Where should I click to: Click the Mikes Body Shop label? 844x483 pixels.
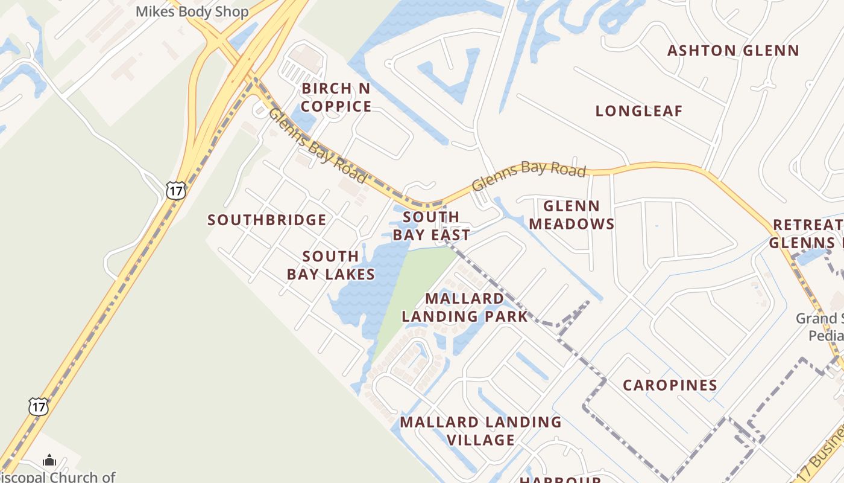(x=192, y=11)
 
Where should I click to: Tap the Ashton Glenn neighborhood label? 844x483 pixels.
(x=732, y=51)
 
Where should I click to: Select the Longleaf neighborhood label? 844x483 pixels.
(x=638, y=111)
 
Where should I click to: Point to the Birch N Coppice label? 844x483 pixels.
(x=336, y=97)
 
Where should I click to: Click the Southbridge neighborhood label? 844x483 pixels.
(x=266, y=220)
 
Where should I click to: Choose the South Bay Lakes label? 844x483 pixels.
(x=330, y=266)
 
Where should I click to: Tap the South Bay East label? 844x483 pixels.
(x=431, y=226)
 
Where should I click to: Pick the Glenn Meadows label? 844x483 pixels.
(x=571, y=215)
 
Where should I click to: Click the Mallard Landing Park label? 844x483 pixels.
(x=464, y=307)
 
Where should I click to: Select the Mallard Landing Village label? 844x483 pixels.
(x=480, y=430)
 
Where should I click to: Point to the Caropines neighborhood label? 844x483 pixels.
(x=670, y=385)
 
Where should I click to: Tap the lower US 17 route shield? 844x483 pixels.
(x=38, y=406)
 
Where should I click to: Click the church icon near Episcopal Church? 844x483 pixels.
(x=49, y=461)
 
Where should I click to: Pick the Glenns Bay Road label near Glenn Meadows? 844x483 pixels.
(x=529, y=176)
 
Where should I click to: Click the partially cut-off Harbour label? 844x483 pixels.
(x=560, y=479)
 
